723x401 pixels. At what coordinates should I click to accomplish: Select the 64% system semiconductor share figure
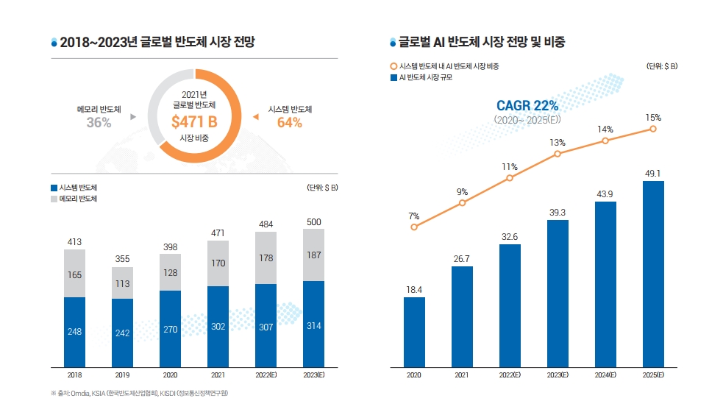pos(290,123)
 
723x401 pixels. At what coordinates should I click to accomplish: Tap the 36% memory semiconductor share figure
pos(99,123)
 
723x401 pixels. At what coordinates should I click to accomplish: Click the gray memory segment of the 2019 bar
pos(123,283)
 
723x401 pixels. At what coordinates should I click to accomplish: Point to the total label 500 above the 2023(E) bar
pos(313,221)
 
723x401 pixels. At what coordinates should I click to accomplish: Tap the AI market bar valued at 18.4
pos(414,331)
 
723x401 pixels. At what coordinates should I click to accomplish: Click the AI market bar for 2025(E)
pos(653,273)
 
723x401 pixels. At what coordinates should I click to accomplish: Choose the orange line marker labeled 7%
pos(414,227)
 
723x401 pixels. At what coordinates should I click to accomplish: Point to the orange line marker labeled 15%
pos(653,129)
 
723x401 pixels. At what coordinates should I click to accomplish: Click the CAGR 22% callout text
pos(527,104)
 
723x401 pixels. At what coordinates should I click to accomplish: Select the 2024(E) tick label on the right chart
pos(605,375)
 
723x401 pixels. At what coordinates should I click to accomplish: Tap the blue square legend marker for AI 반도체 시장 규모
pos(393,77)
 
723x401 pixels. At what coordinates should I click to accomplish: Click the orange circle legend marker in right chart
pos(393,66)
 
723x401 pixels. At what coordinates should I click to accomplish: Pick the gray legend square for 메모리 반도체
pos(54,199)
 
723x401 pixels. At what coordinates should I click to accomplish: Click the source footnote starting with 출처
pos(139,393)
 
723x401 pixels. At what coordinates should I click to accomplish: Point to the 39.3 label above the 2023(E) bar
pos(558,212)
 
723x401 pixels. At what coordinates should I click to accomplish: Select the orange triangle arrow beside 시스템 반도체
pos(256,116)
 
